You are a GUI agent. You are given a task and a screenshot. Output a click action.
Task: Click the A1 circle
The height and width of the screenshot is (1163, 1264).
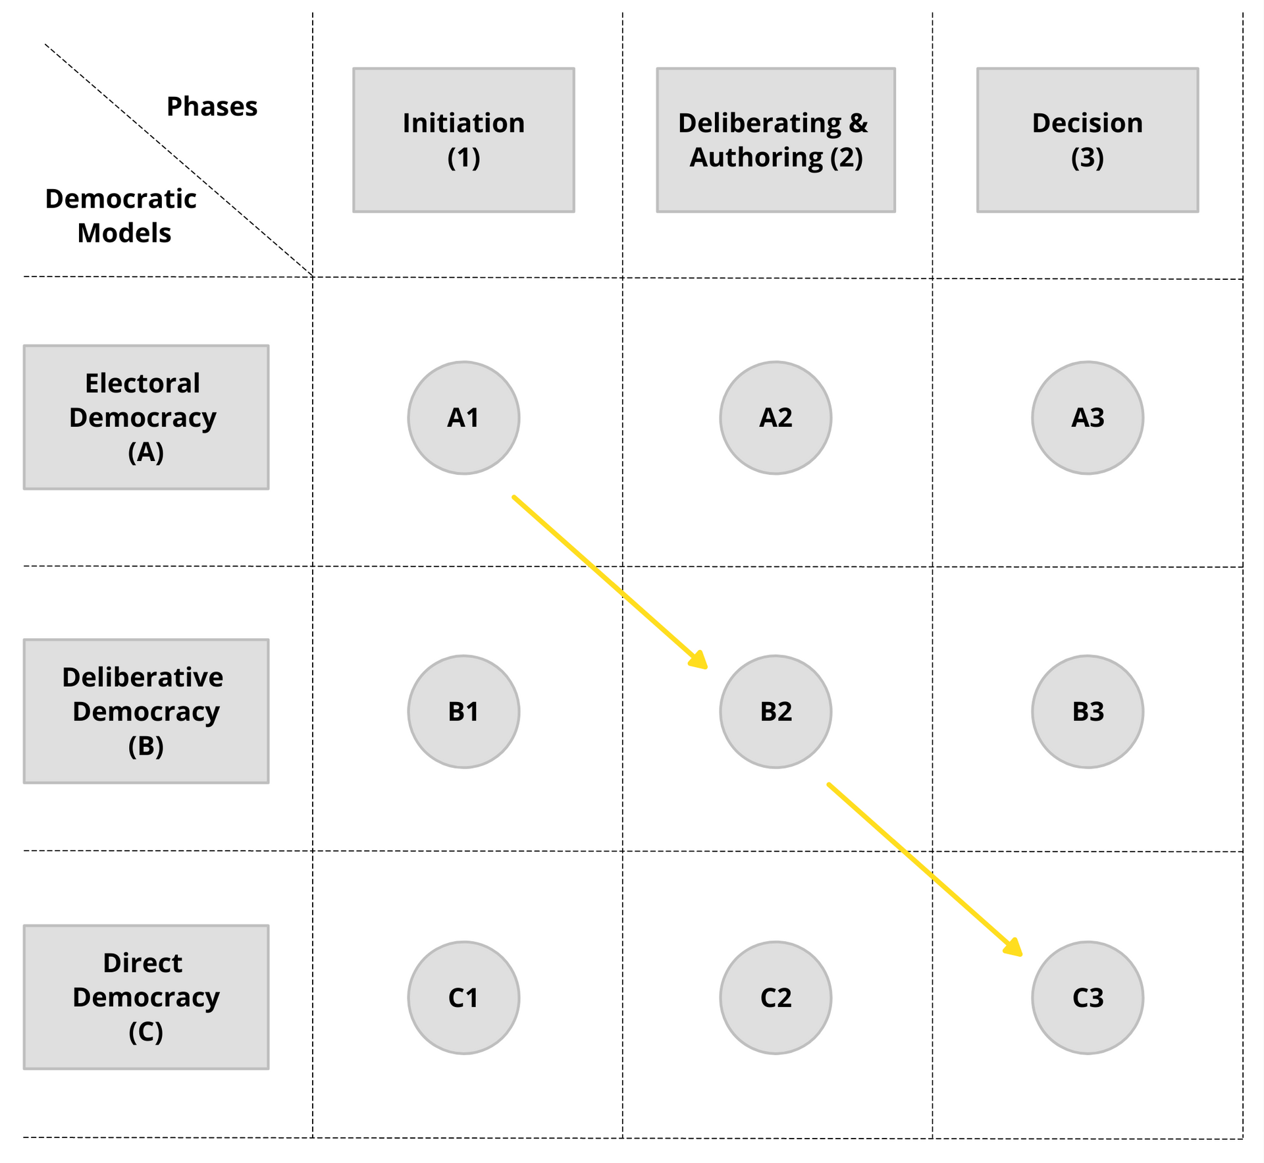pyautogui.click(x=463, y=418)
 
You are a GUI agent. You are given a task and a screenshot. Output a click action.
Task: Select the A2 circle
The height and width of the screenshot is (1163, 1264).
pyautogui.click(x=776, y=418)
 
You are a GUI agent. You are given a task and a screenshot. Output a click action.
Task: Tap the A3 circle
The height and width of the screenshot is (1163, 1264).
pyautogui.click(x=1088, y=418)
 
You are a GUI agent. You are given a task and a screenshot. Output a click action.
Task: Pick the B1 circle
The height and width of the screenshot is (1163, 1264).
pyautogui.click(x=463, y=711)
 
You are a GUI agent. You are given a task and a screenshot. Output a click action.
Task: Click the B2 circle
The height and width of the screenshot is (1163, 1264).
pyautogui.click(x=776, y=711)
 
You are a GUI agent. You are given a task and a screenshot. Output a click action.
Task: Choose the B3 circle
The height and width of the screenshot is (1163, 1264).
pyautogui.click(x=1088, y=711)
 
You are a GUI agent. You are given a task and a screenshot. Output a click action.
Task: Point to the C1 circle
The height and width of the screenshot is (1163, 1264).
pyautogui.click(x=463, y=998)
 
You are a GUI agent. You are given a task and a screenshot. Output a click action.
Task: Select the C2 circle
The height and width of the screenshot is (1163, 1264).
pyautogui.click(x=776, y=998)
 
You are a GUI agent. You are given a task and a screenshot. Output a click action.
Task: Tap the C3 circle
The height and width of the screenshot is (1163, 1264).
pyautogui.click(x=1088, y=998)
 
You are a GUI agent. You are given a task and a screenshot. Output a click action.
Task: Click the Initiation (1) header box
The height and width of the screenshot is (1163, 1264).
pyautogui.click(x=463, y=140)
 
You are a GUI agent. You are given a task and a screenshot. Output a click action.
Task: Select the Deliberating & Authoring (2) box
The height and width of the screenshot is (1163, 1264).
pyautogui.click(x=776, y=140)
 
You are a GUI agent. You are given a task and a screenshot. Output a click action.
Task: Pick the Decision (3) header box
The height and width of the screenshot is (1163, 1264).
pyautogui.click(x=1088, y=140)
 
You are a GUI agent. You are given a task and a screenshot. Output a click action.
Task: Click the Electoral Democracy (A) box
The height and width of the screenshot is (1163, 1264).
pyautogui.click(x=146, y=417)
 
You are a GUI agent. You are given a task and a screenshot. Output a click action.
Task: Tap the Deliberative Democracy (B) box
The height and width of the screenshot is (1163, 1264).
pyautogui.click(x=146, y=711)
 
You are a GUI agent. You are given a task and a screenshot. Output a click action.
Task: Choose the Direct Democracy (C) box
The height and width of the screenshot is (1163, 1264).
pyautogui.click(x=146, y=997)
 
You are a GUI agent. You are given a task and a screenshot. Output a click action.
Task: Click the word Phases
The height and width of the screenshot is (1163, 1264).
pyautogui.click(x=212, y=107)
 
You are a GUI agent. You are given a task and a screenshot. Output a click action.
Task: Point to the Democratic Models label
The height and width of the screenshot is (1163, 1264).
pyautogui.click(x=121, y=216)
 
